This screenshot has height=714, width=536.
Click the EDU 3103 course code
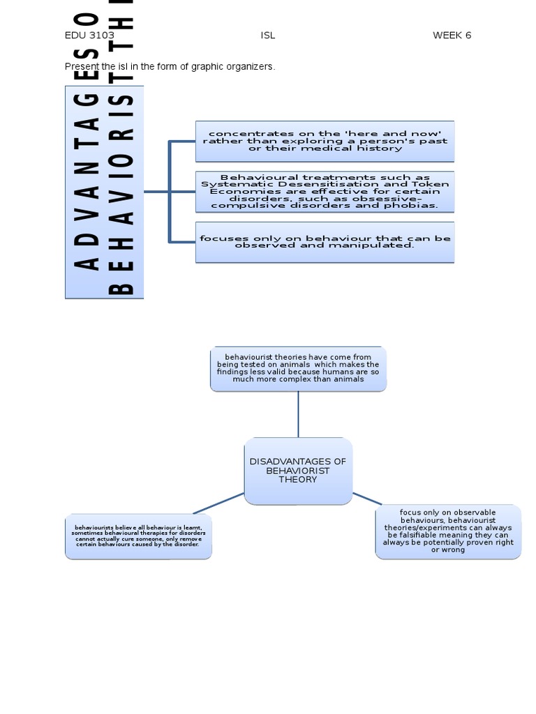[x=89, y=36]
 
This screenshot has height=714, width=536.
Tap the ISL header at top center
[x=268, y=36]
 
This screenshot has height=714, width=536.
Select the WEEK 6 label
[x=452, y=36]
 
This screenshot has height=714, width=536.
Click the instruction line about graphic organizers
[x=170, y=67]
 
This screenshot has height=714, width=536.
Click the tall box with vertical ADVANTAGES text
[x=104, y=192]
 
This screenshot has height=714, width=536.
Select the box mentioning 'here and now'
[x=325, y=141]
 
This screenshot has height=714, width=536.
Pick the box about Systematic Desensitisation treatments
[x=325, y=192]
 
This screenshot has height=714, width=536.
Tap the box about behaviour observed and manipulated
[x=325, y=242]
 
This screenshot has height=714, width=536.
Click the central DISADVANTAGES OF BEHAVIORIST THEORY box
[x=298, y=471]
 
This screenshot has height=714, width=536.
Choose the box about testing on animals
[x=298, y=368]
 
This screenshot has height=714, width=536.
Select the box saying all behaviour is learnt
[x=138, y=536]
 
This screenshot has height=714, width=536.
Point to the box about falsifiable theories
[x=448, y=531]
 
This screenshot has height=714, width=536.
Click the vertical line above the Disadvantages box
[x=298, y=414]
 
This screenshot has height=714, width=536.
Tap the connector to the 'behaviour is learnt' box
[x=218, y=503]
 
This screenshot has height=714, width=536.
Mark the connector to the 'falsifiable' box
[x=367, y=499]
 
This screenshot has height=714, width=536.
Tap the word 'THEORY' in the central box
[x=298, y=480]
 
